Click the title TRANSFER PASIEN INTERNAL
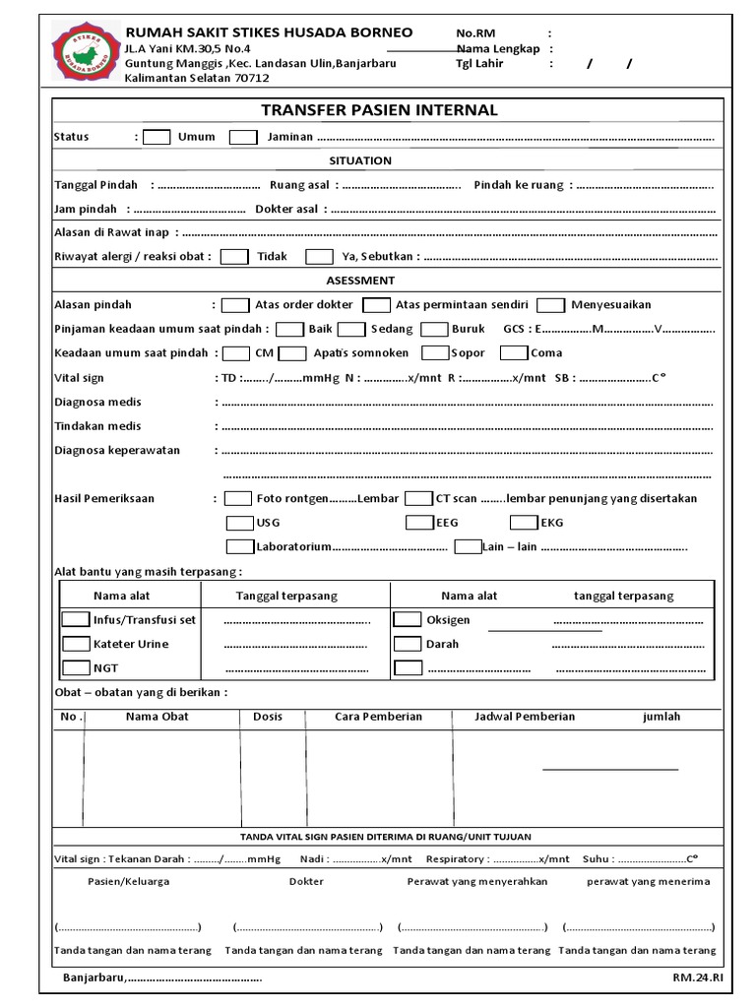[x=379, y=110]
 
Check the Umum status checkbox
[x=157, y=137]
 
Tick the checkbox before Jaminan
[x=243, y=137]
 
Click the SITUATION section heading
[x=360, y=160]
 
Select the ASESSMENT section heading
[x=360, y=281]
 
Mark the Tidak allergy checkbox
[x=234, y=257]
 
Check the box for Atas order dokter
[x=235, y=305]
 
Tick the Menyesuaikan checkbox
[x=551, y=305]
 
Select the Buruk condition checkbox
[x=433, y=329]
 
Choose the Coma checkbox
[x=513, y=352]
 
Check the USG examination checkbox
[x=239, y=523]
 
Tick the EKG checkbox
[x=524, y=523]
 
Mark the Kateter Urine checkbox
[x=76, y=644]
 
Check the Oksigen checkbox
[x=408, y=620]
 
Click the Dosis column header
[x=268, y=717]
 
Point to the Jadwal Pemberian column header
[x=525, y=717]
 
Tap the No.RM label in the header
[x=475, y=33]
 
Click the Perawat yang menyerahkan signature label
[x=476, y=882]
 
